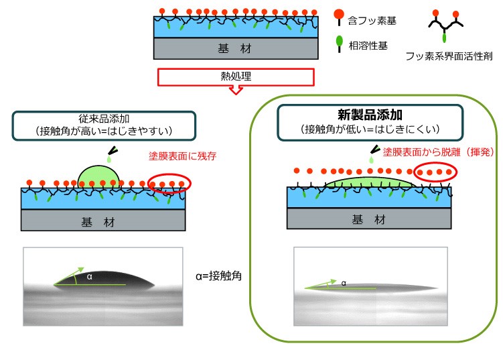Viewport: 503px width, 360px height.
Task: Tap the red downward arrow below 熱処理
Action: point(235,90)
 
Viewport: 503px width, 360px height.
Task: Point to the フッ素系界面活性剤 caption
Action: point(449,57)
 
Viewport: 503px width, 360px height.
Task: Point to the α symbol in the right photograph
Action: point(344,283)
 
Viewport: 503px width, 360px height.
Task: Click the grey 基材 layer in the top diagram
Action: point(235,49)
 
